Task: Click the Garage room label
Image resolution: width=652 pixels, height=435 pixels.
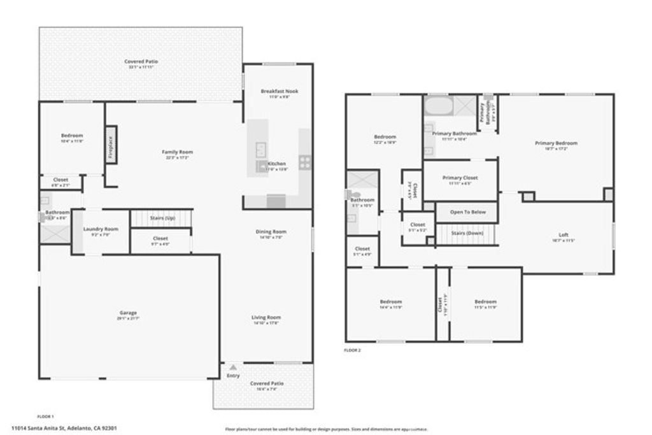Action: click(x=128, y=313)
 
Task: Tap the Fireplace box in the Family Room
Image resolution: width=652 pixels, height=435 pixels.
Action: click(x=111, y=146)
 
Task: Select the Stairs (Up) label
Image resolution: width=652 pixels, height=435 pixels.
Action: click(x=162, y=218)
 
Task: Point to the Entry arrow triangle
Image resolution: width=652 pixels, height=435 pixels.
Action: click(x=234, y=367)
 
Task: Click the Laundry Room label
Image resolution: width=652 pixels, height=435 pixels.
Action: click(x=101, y=229)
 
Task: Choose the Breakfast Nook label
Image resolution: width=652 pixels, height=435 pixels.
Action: click(x=279, y=91)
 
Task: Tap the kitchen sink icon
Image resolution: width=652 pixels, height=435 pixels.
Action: click(x=262, y=149)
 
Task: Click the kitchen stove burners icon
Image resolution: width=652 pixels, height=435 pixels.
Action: click(x=305, y=162)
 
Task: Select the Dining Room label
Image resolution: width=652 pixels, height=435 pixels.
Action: click(x=271, y=232)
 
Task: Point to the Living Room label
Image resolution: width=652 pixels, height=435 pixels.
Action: click(x=267, y=317)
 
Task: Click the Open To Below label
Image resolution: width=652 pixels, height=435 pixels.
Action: click(x=468, y=212)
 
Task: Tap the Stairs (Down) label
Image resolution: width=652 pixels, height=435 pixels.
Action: click(x=467, y=233)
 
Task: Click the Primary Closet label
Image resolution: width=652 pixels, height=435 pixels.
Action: click(x=460, y=178)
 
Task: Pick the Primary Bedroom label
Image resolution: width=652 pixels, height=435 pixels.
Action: click(x=556, y=143)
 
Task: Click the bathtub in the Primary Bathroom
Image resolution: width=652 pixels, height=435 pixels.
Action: click(x=438, y=105)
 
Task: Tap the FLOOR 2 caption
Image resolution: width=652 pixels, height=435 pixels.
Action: click(x=352, y=350)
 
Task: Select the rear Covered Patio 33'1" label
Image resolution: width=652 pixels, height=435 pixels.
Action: click(x=141, y=62)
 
